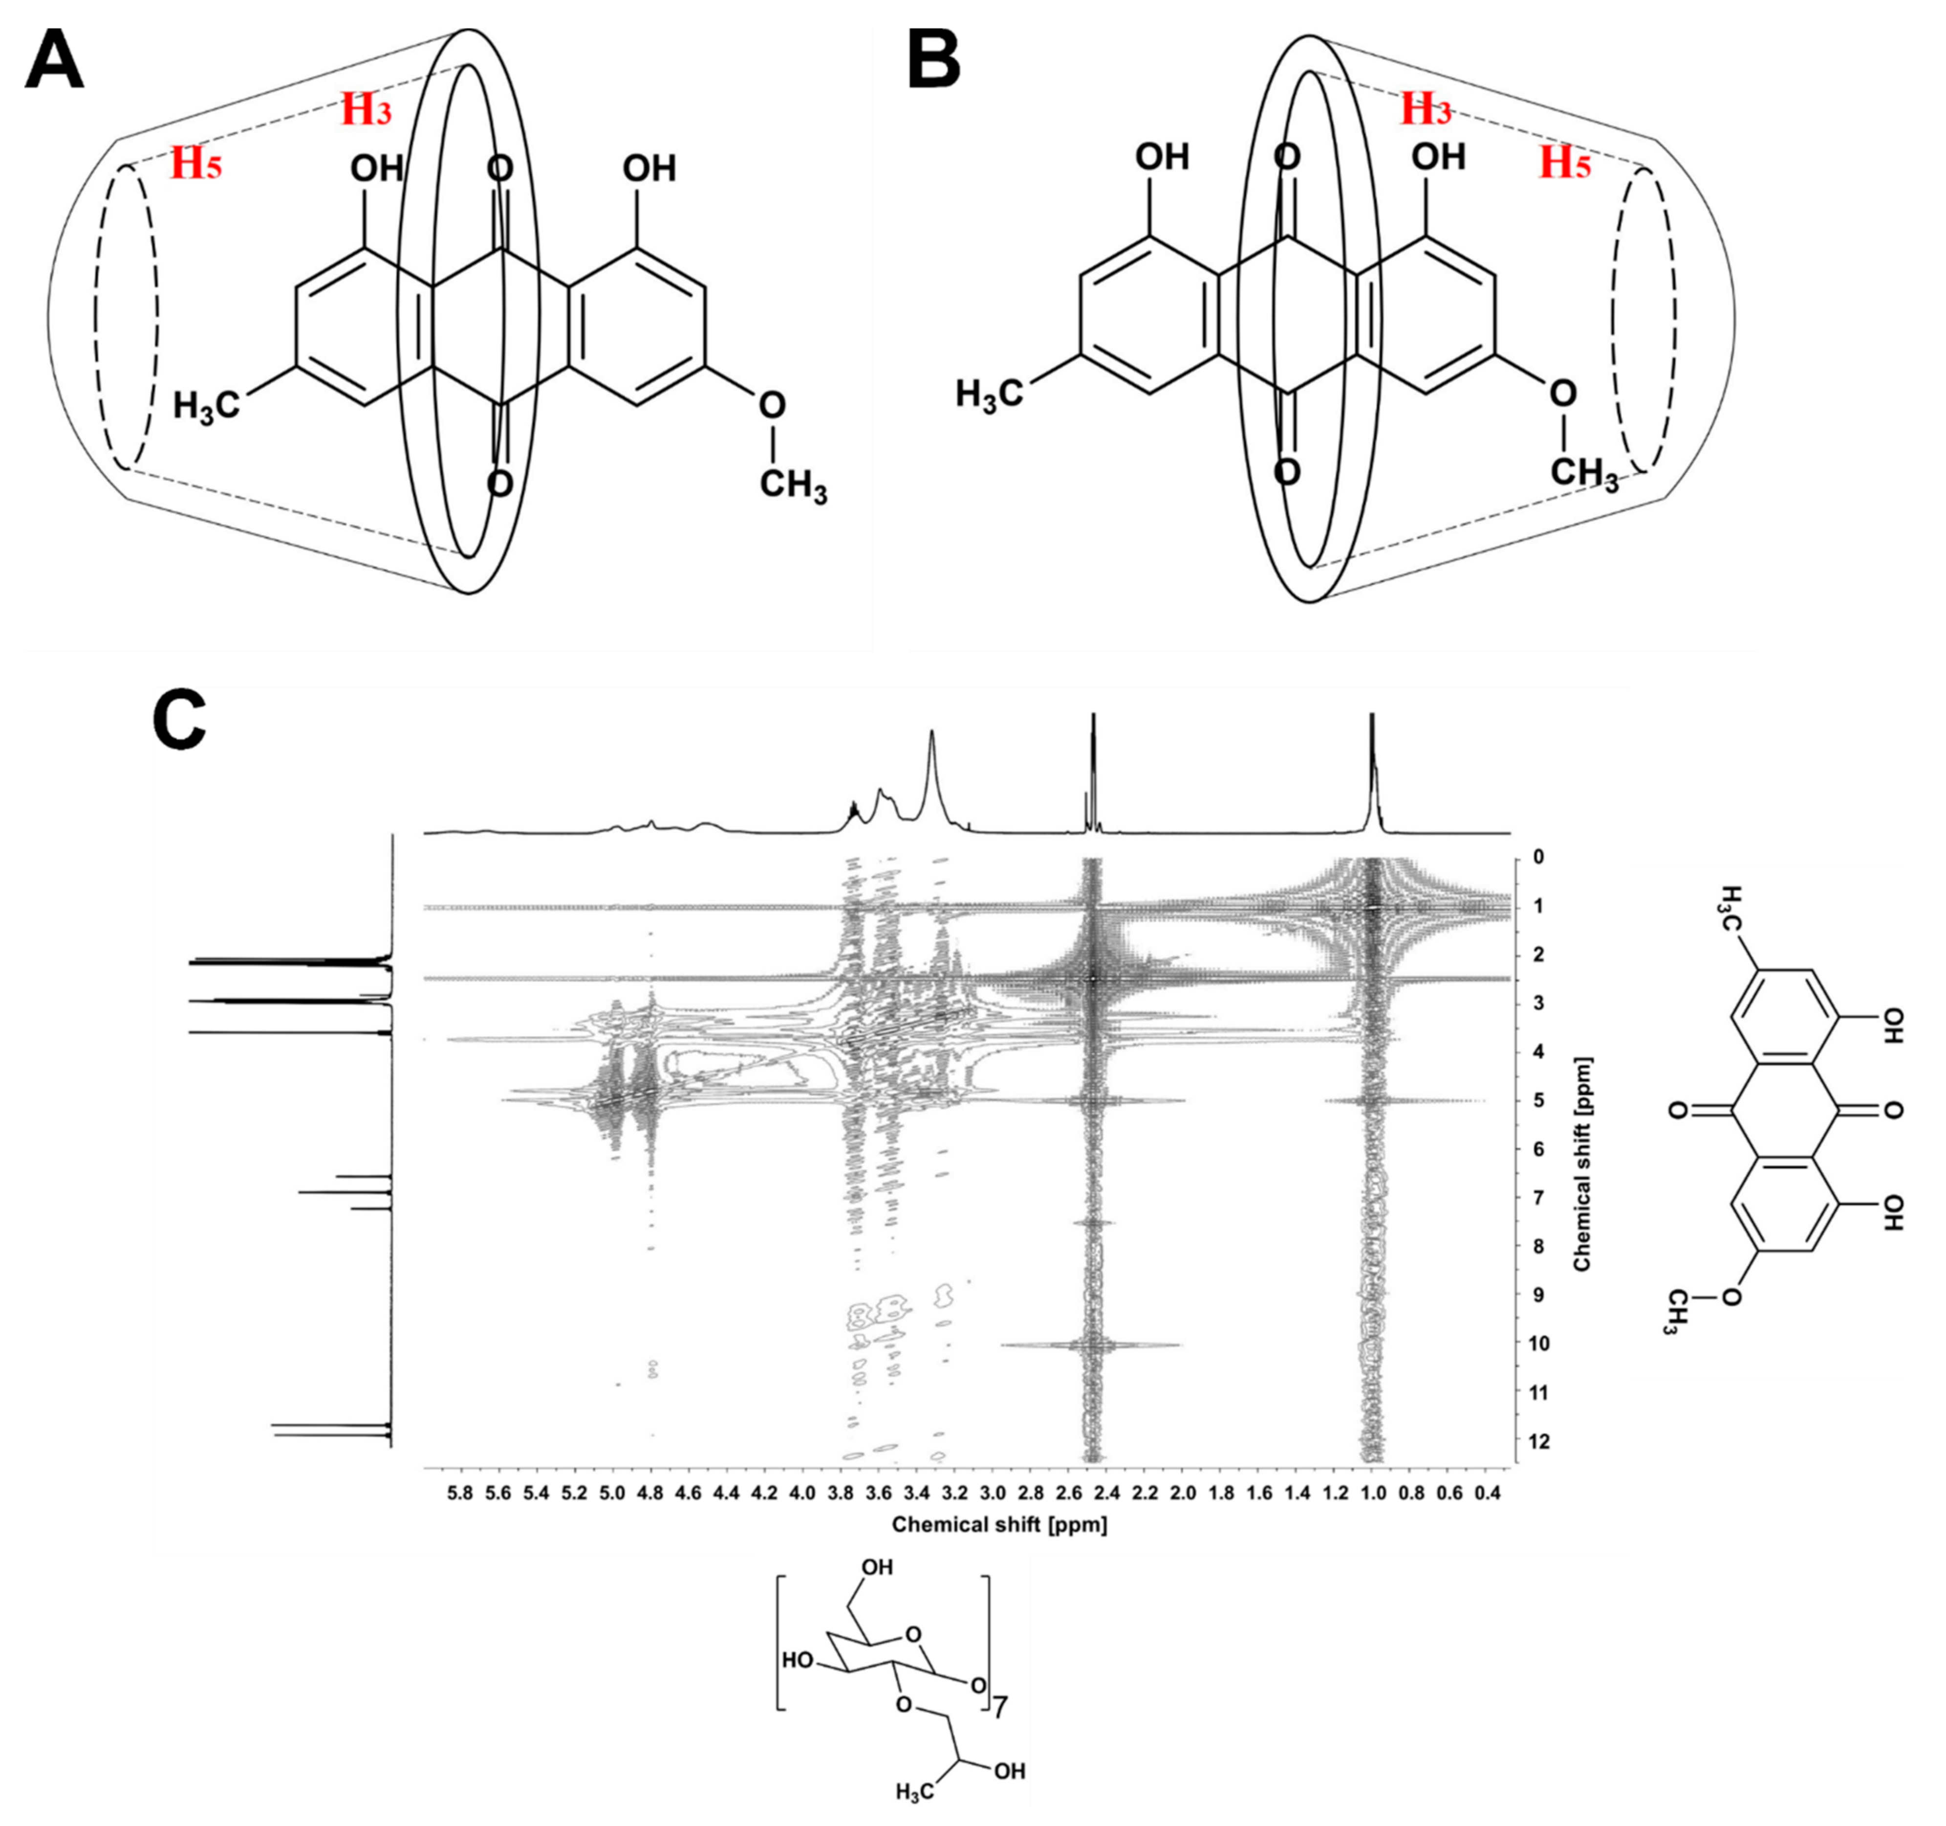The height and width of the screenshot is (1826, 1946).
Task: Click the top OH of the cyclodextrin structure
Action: tap(876, 1567)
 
